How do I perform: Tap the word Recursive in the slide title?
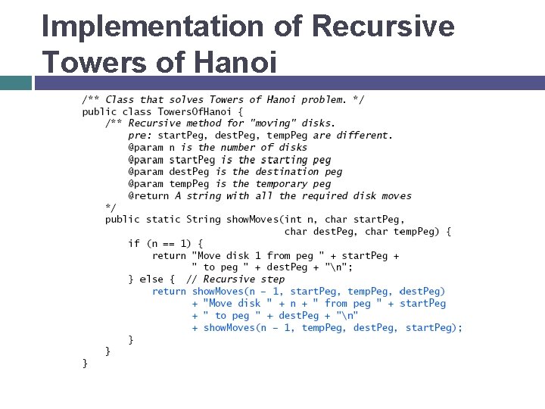point(383,27)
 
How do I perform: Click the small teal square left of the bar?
point(15,83)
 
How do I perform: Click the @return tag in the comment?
point(148,195)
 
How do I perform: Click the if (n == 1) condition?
point(164,243)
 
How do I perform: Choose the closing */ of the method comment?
point(111,207)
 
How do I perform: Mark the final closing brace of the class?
point(85,364)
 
